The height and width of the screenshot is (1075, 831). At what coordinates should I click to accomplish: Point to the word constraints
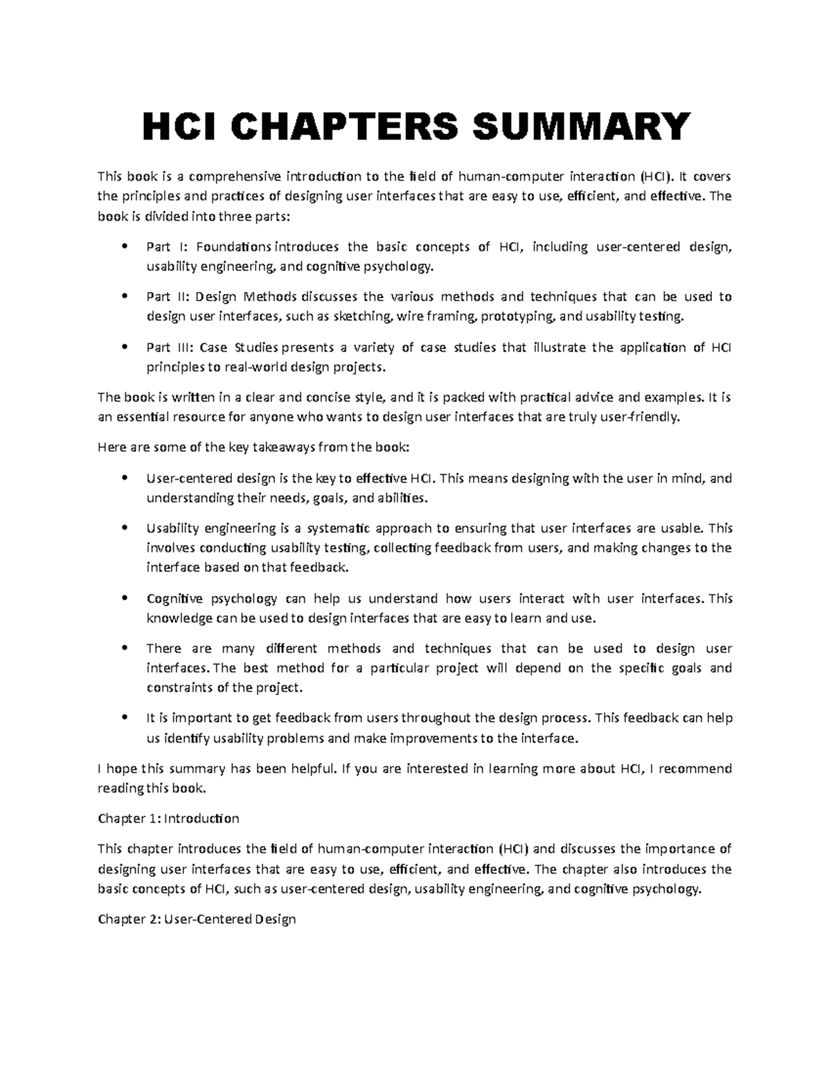pos(178,688)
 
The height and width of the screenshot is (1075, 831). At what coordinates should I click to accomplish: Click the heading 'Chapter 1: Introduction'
pos(168,819)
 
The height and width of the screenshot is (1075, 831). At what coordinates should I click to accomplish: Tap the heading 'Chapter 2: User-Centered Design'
pos(197,919)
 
